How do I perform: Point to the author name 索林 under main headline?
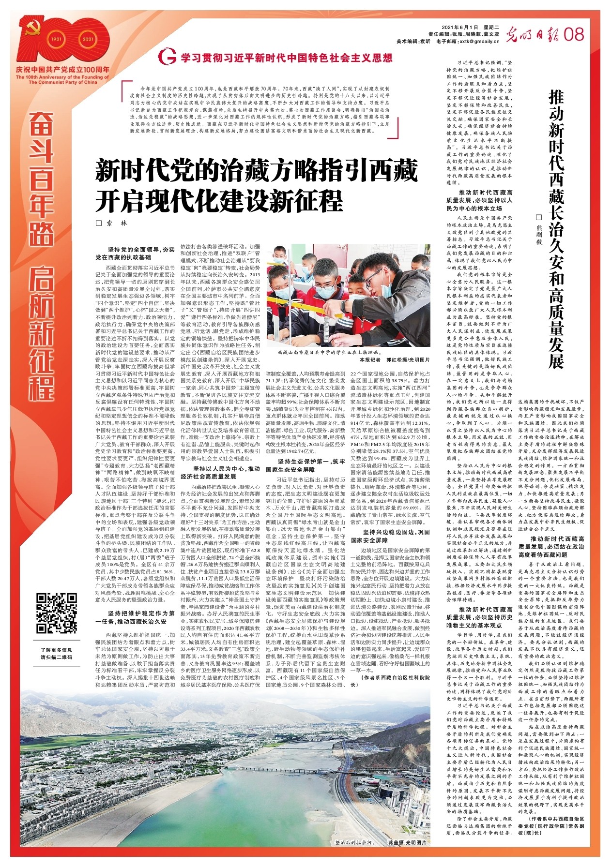pyautogui.click(x=116, y=224)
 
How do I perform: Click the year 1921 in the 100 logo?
pyautogui.click(x=57, y=39)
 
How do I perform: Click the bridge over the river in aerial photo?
pyautogui.click(x=252, y=769)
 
